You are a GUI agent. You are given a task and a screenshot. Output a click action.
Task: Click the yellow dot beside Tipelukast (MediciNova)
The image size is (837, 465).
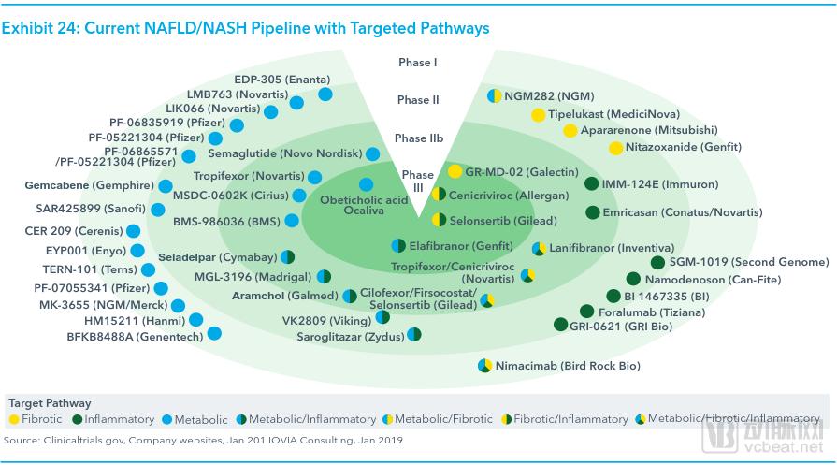pos(538,114)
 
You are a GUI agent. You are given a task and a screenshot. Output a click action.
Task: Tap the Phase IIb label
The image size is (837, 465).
pos(418,138)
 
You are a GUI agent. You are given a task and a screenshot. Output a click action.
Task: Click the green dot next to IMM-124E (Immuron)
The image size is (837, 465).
pos(592,184)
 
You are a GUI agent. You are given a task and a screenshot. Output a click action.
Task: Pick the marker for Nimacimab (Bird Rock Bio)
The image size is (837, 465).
pos(484,366)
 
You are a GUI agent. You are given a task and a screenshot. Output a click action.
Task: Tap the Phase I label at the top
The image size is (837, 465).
pos(418,63)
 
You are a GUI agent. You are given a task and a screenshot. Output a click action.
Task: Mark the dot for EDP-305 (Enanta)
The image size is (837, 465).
pos(325,94)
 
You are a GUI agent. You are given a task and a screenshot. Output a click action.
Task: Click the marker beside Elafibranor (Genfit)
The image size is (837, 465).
pos(398,245)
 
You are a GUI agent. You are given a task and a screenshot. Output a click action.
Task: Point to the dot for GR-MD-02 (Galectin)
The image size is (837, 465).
pos(455,171)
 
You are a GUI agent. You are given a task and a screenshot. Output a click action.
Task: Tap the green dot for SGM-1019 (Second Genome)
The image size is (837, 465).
pos(658,263)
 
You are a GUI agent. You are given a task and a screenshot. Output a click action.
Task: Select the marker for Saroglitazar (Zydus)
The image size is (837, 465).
pos(413,334)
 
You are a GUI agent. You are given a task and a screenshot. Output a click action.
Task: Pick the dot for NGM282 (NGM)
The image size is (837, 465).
pos(494,95)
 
